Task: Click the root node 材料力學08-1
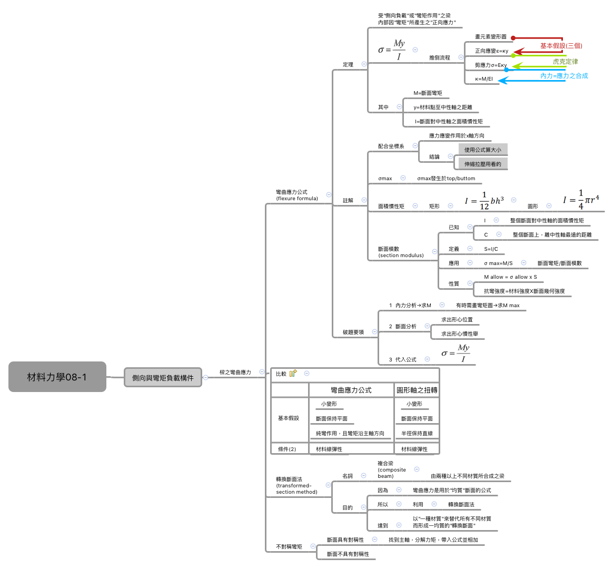click(x=57, y=377)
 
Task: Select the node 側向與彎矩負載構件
click(x=163, y=378)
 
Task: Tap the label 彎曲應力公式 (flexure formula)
click(x=297, y=195)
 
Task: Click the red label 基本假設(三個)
click(x=561, y=46)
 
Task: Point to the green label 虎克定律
click(x=565, y=62)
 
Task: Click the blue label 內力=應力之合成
click(x=563, y=76)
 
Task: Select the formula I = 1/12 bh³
click(x=484, y=201)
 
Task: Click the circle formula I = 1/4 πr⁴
click(x=581, y=200)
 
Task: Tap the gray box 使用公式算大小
click(x=483, y=150)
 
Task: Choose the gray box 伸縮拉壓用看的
click(x=483, y=164)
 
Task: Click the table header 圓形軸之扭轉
click(x=417, y=390)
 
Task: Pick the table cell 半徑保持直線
click(x=417, y=433)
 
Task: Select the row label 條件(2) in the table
click(x=287, y=449)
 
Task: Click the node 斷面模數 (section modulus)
click(x=401, y=252)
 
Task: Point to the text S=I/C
click(x=491, y=249)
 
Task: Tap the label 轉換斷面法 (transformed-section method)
click(x=296, y=485)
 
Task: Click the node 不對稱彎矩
click(x=289, y=546)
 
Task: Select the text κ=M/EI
click(x=484, y=79)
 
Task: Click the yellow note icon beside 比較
click(x=293, y=373)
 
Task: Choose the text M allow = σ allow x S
click(x=510, y=277)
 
